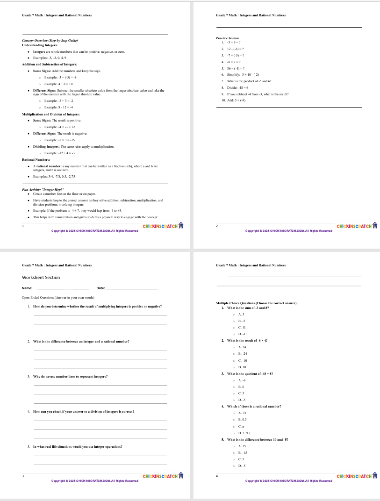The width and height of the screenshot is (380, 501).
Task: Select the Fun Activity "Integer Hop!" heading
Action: coord(43,190)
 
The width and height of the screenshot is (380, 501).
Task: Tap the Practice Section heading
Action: coord(227,38)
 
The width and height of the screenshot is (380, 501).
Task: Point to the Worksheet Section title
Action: coord(41,278)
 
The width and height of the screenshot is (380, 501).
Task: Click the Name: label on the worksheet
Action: coord(27,288)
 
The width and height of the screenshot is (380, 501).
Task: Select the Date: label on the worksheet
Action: coord(100,288)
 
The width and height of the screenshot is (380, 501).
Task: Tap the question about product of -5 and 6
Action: coord(249,81)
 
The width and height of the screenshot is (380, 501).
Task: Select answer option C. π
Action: coord(241,427)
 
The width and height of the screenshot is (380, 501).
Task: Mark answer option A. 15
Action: coord(243,446)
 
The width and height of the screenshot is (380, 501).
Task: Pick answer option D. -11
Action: coord(243,334)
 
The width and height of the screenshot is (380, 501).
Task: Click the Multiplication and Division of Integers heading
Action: coord(50,114)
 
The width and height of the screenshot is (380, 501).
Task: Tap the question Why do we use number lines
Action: coord(70,376)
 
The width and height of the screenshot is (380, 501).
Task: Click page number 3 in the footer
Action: coord(23,476)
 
